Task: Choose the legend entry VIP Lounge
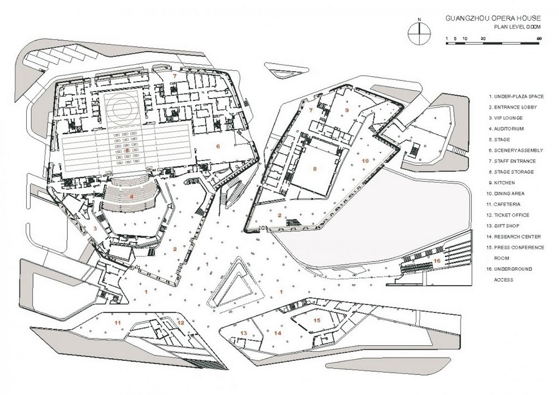[506, 118]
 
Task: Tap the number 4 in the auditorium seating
[131, 196]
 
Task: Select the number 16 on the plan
[437, 261]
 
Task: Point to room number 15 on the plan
[316, 320]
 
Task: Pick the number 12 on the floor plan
[181, 323]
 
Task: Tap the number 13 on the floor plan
[243, 333]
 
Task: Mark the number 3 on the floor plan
[96, 229]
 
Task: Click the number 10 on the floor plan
[366, 161]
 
